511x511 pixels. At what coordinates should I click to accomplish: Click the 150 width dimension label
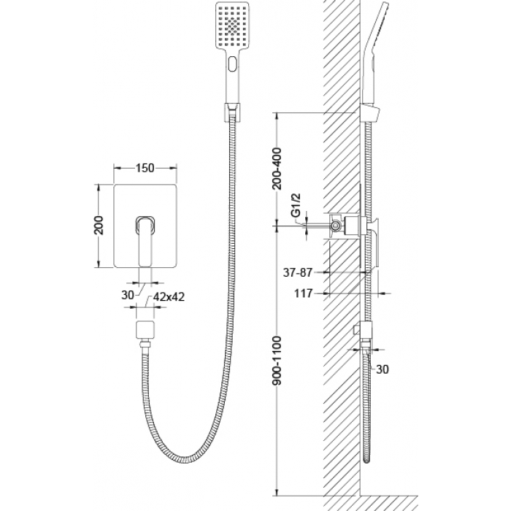145,168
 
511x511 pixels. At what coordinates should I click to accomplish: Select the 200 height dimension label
99,225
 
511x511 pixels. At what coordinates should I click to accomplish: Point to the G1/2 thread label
296,205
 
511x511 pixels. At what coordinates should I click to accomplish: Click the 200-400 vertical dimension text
277,168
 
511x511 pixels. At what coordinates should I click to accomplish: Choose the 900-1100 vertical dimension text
277,361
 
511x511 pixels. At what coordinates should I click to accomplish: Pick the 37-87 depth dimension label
298,272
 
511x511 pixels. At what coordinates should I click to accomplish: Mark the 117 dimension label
304,293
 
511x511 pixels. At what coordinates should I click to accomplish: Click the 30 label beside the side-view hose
383,369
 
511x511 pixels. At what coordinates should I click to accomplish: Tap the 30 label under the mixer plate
128,295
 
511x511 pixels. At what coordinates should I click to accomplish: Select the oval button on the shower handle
233,64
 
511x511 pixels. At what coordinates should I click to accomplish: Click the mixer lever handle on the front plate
145,240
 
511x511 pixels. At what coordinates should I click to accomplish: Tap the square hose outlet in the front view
145,329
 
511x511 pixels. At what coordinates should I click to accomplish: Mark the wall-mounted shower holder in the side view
370,113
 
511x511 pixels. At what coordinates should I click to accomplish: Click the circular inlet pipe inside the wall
336,225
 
